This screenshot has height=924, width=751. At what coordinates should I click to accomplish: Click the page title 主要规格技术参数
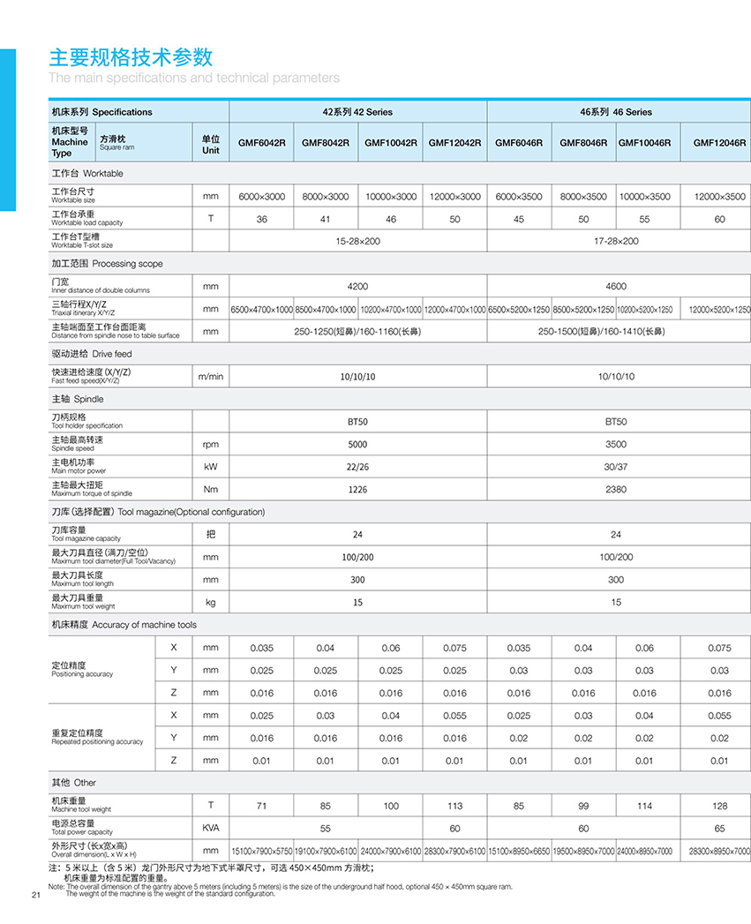pyautogui.click(x=131, y=57)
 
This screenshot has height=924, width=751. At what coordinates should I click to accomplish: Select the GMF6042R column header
pyautogui.click(x=261, y=143)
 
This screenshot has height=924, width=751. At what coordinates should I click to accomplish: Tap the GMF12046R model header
pyautogui.click(x=719, y=143)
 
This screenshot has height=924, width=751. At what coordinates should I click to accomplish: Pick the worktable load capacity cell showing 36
pyautogui.click(x=261, y=219)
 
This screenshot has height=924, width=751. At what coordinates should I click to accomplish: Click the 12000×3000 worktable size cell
pyautogui.click(x=454, y=197)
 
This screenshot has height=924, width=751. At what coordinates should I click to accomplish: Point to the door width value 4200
pyautogui.click(x=357, y=287)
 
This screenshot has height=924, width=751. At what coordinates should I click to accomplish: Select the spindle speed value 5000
pyautogui.click(x=357, y=444)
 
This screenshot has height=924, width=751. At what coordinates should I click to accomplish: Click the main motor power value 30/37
pyautogui.click(x=616, y=467)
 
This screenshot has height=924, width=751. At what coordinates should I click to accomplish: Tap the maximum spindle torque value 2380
pyautogui.click(x=616, y=489)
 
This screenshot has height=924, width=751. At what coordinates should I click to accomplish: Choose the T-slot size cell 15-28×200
pyautogui.click(x=357, y=241)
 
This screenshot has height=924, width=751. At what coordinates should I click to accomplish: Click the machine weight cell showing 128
pyautogui.click(x=719, y=805)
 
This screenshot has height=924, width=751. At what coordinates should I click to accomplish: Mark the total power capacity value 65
pyautogui.click(x=719, y=828)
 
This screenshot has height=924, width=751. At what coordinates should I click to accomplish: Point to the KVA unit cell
pyautogui.click(x=210, y=828)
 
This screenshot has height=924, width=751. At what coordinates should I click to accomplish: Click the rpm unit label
pyautogui.click(x=210, y=444)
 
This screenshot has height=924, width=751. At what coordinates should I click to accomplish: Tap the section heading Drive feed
pyautogui.click(x=91, y=354)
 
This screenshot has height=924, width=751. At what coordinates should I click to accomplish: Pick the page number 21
pyautogui.click(x=36, y=897)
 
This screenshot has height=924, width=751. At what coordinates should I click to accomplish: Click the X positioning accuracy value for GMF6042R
pyautogui.click(x=261, y=648)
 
